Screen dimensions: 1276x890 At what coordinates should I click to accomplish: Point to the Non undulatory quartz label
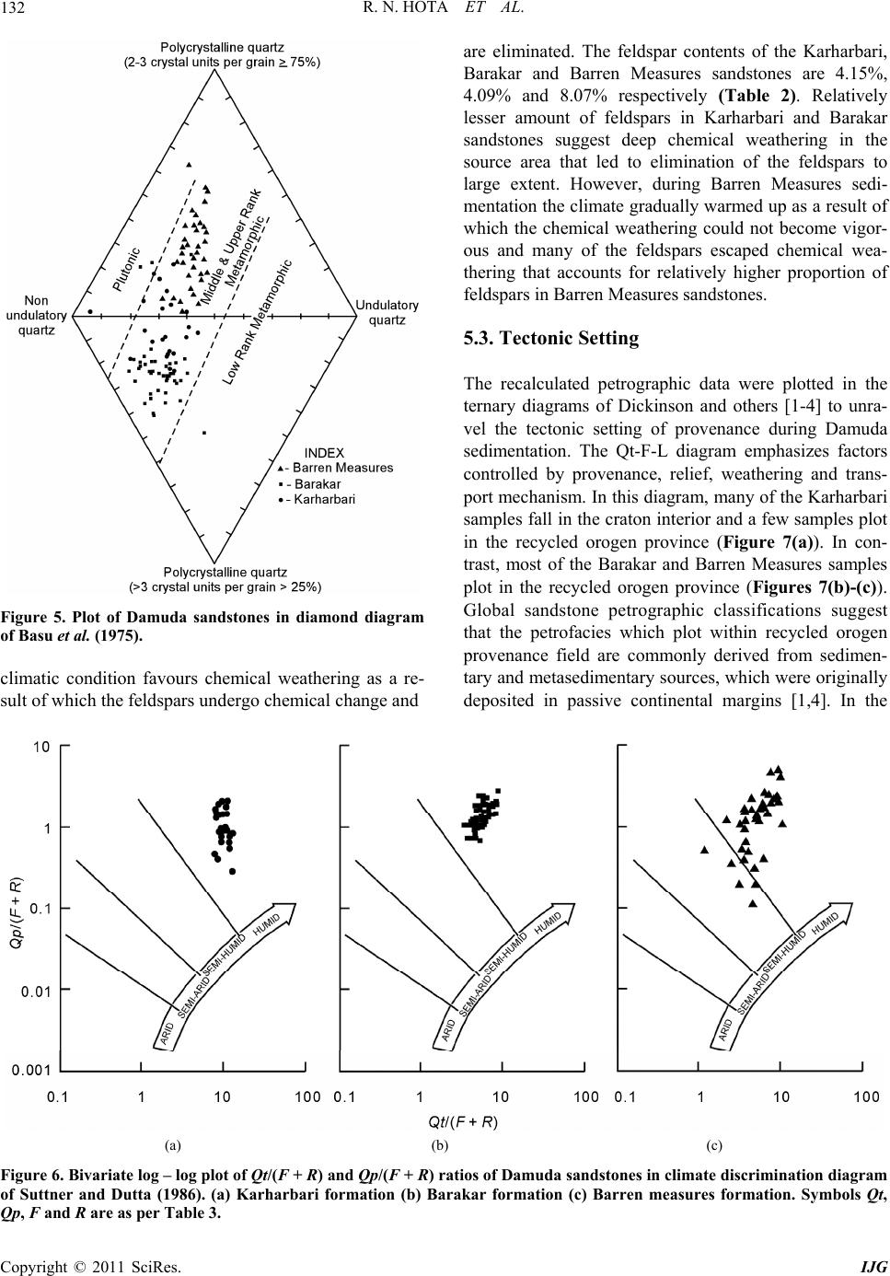tap(37, 315)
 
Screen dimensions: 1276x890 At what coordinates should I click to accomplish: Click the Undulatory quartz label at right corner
tap(387, 312)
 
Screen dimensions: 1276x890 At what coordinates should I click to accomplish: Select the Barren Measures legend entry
tap(339, 468)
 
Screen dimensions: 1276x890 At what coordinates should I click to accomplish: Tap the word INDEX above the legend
tap(323, 453)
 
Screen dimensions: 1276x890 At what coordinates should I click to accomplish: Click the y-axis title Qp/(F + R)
tap(15, 912)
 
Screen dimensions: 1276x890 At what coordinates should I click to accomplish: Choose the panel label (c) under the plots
tap(713, 1145)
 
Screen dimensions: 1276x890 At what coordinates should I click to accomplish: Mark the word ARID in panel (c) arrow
tap(725, 1032)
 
